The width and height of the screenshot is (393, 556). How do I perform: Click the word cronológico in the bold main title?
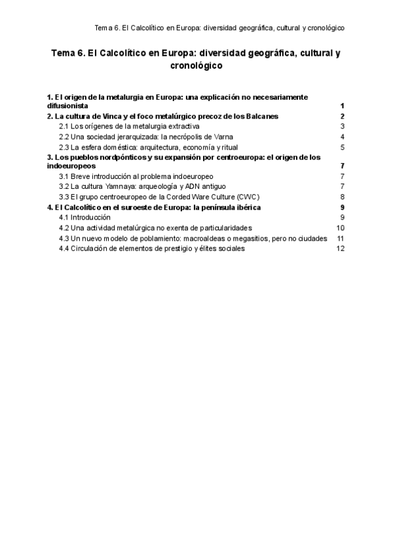[196, 66]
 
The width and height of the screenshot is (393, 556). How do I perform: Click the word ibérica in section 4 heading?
[248, 207]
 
